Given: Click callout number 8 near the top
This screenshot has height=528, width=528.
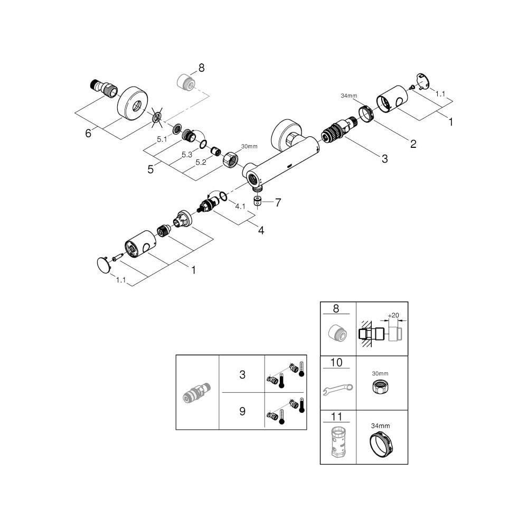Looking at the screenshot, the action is coord(201,68).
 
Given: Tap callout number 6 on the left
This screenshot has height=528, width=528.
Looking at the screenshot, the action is coord(88,134).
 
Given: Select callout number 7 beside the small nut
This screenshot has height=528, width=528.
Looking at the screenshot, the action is coord(278,202).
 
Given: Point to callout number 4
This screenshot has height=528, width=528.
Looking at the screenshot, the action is coord(261,230).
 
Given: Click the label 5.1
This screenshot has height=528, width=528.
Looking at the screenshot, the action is coord(162,139).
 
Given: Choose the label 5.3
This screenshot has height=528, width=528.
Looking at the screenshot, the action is coord(187,155).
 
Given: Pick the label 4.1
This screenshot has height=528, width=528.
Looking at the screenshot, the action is coord(240,206).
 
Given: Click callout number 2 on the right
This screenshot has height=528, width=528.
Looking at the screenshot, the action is coord(413,144).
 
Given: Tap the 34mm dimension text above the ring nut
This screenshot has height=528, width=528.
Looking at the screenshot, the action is coord(349,96).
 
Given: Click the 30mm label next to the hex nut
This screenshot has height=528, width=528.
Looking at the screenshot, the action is coord(249,146).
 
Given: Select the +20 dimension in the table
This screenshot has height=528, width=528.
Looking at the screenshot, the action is coord(393,316).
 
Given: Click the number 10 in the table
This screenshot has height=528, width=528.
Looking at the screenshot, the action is coord(336,362).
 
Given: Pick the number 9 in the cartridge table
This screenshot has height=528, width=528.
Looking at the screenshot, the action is coord(242,411).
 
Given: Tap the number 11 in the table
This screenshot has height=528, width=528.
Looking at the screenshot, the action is coord(336,417).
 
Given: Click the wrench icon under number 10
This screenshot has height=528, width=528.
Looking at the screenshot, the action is coord(338,389).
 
